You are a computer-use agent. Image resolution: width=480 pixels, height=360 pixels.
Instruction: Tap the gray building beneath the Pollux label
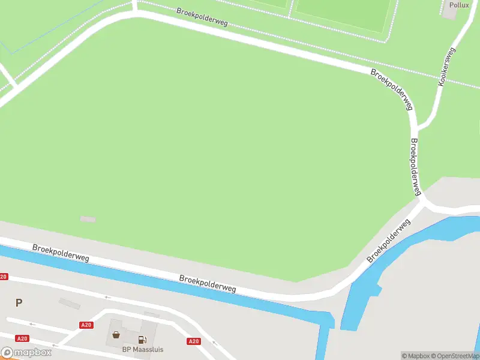point(449,14)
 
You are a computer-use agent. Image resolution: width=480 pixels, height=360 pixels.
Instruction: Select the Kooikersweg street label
point(447,67)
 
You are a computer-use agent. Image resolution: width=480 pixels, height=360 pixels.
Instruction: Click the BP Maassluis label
point(143,349)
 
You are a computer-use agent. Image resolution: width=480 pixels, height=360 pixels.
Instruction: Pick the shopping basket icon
point(115,335)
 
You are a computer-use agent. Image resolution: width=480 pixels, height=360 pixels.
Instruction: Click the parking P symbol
point(19,303)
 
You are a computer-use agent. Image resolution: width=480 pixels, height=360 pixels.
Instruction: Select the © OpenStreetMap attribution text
point(455,356)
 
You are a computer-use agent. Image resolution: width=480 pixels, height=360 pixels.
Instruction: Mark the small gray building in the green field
point(88,219)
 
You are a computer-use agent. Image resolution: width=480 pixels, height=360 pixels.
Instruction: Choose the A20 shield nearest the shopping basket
point(86,325)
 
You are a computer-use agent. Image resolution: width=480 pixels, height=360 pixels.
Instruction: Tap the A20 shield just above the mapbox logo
point(22,338)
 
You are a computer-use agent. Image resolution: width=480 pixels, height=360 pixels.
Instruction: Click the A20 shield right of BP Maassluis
point(193,341)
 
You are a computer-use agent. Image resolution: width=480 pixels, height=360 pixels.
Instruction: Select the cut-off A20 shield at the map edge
point(4,277)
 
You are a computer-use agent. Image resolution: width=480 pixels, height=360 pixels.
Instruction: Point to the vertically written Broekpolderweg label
point(415,167)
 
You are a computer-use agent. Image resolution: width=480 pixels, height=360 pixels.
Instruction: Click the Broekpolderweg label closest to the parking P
point(61,252)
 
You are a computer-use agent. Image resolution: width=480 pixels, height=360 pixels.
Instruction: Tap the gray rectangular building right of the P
point(70,304)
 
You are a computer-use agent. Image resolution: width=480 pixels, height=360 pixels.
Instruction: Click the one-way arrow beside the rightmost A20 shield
point(215,341)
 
